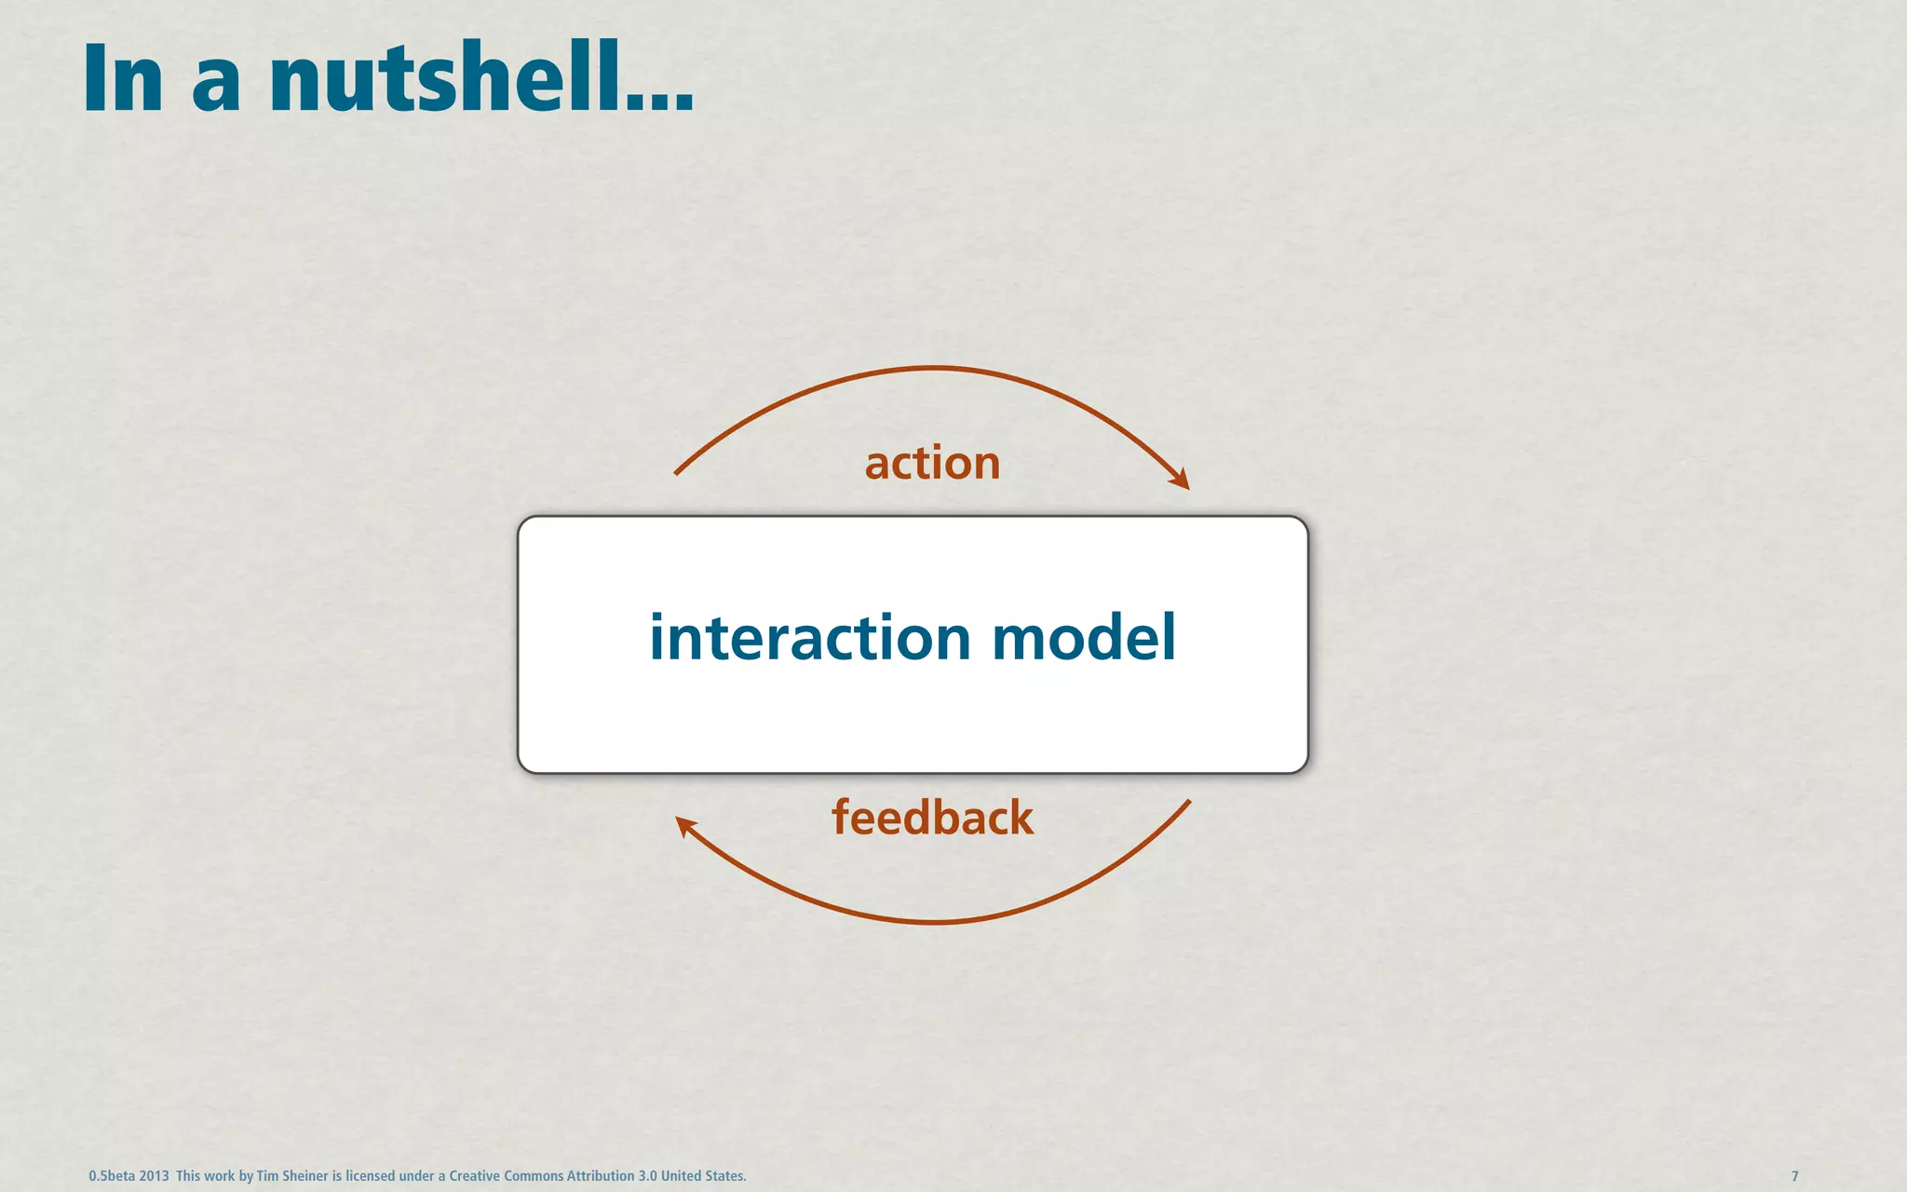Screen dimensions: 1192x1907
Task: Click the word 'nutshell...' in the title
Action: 481,78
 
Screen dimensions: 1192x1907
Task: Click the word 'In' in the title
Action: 123,80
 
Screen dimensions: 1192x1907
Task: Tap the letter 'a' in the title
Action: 216,88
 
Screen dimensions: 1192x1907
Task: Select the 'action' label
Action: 932,463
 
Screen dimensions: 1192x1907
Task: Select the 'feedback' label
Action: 932,818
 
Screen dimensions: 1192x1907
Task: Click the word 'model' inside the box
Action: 1084,639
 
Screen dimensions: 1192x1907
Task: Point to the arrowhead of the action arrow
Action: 1182,481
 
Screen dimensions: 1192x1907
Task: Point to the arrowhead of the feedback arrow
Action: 683,824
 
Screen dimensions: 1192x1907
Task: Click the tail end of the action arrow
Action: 677,473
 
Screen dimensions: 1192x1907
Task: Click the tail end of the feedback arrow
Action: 1189,802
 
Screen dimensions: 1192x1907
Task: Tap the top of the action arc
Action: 932,369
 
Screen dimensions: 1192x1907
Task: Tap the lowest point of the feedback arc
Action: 932,922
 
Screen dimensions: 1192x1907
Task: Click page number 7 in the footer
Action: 1794,1176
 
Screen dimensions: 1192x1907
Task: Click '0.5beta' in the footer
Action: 112,1176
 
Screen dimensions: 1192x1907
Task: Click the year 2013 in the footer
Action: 154,1176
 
